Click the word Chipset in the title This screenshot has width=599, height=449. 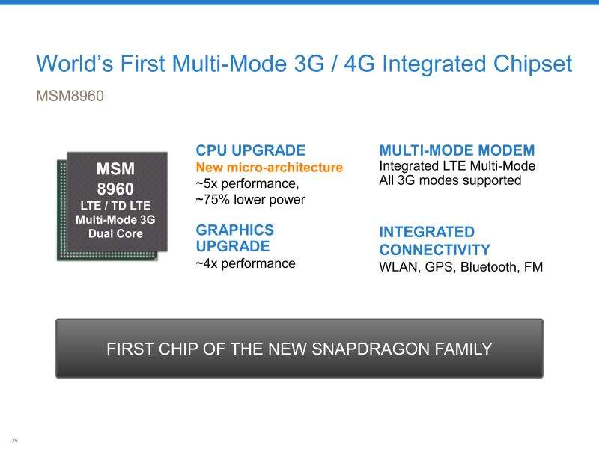532,64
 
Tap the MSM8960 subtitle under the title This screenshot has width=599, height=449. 70,96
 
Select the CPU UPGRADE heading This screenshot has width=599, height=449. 251,150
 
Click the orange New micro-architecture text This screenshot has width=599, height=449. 270,167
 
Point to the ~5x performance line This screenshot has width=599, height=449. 247,183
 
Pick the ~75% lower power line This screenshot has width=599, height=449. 251,199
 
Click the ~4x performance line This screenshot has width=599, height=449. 246,263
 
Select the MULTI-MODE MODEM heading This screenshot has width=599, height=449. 457,150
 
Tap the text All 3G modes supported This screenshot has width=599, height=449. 450,180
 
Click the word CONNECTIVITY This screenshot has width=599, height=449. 435,250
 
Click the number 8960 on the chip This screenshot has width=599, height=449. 115,189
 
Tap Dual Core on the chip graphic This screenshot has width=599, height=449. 115,233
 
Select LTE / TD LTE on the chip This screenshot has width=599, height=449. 115,206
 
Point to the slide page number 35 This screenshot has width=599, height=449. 14,441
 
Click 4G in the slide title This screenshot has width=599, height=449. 359,64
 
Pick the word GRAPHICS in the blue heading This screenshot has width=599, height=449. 235,230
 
